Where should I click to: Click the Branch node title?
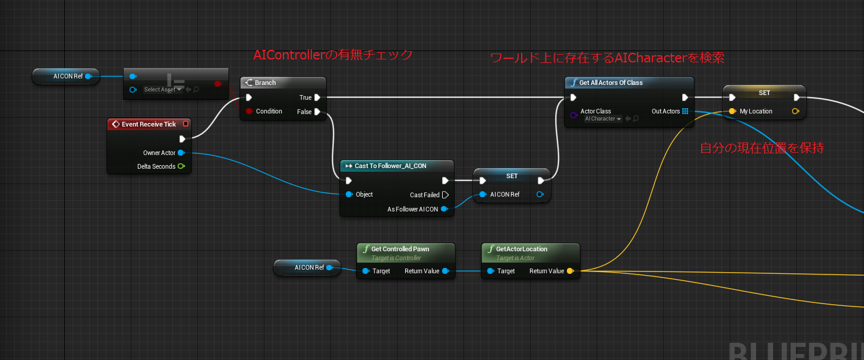pyautogui.click(x=265, y=83)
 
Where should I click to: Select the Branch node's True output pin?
pyautogui.click(x=318, y=97)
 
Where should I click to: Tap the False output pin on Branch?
pyautogui.click(x=318, y=112)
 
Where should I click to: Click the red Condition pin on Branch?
pyautogui.click(x=249, y=112)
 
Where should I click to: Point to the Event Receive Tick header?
pyautogui.click(x=149, y=124)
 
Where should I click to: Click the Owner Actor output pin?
pyautogui.click(x=181, y=153)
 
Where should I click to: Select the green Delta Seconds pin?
pyautogui.click(x=181, y=166)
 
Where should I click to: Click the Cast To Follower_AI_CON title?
pyautogui.click(x=390, y=166)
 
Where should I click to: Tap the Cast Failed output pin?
pyautogui.click(x=445, y=195)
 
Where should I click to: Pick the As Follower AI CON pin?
pyautogui.click(x=444, y=209)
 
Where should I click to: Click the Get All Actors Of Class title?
pyautogui.click(x=611, y=83)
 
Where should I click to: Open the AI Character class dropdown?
pyautogui.click(x=603, y=119)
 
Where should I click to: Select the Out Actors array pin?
pyautogui.click(x=685, y=111)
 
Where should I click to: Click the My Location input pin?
pyautogui.click(x=733, y=111)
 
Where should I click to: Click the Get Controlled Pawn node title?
pyautogui.click(x=400, y=249)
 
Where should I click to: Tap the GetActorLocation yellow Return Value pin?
pyautogui.click(x=570, y=271)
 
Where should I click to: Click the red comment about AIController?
pyautogui.click(x=333, y=55)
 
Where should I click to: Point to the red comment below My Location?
pyautogui.click(x=762, y=148)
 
